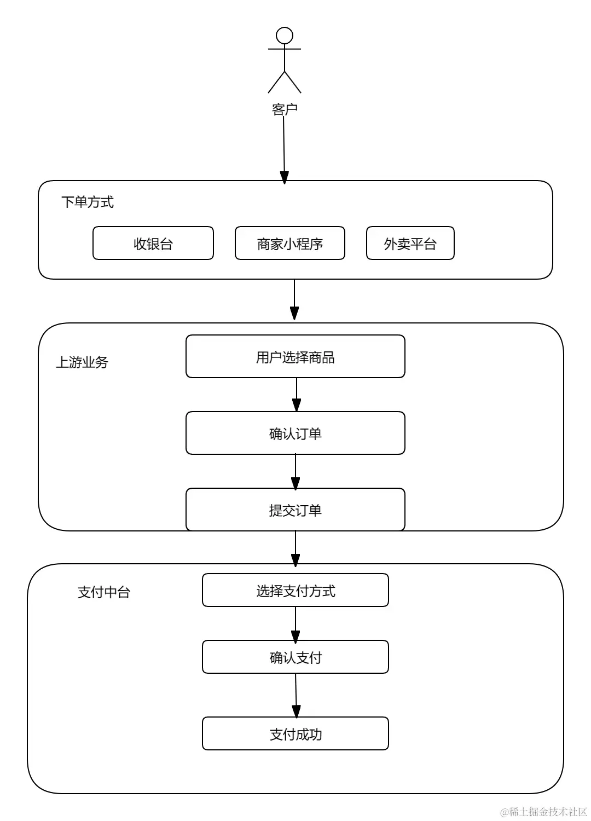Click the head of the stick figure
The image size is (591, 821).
tap(285, 36)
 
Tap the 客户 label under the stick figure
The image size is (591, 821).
tap(285, 109)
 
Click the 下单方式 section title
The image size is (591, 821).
tap(88, 202)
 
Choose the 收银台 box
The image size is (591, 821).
tap(153, 244)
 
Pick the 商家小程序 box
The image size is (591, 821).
tap(290, 244)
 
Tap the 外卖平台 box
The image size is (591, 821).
tap(410, 244)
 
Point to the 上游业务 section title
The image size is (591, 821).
tap(82, 362)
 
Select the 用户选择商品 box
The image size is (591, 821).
tap(296, 357)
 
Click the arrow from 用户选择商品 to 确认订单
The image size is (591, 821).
tap(296, 394)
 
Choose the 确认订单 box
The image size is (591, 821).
tap(296, 433)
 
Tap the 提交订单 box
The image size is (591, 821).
tap(296, 510)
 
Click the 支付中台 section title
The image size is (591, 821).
tap(104, 592)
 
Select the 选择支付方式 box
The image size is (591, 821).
tap(296, 591)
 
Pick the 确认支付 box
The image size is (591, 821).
tap(296, 657)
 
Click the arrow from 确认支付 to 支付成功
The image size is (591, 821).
tap(296, 695)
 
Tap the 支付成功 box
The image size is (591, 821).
tap(296, 734)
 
